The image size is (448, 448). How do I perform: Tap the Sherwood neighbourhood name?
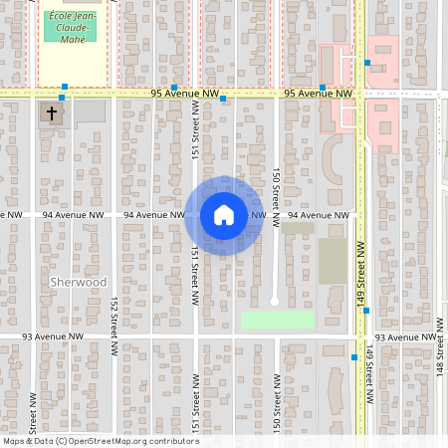click(78, 283)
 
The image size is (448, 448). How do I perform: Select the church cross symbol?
click(48, 112)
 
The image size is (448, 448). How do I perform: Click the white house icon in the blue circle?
click(224, 215)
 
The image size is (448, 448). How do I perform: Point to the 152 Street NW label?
click(114, 318)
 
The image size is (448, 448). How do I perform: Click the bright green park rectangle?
click(277, 321)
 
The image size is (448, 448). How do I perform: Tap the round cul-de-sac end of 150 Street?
click(275, 300)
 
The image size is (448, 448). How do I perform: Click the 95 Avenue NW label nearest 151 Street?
click(184, 94)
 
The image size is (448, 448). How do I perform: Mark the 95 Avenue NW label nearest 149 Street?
click(318, 94)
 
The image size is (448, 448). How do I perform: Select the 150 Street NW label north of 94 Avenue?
click(275, 189)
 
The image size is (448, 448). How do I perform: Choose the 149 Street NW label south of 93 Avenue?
click(368, 372)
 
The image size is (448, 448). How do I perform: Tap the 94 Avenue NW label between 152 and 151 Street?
click(152, 215)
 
